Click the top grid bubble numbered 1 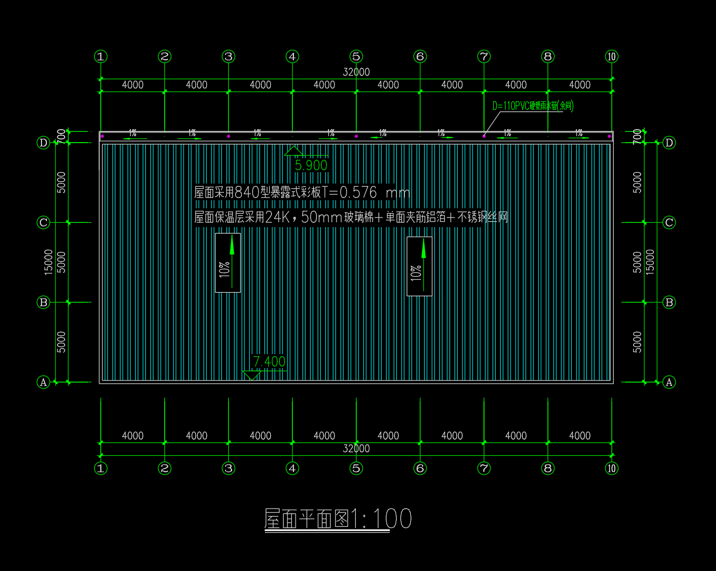(x=101, y=57)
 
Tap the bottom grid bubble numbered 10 (x=612, y=468)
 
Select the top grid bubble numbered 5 (x=356, y=57)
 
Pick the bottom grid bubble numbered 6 (x=420, y=468)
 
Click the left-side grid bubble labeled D (x=44, y=143)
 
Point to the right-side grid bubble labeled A (x=669, y=382)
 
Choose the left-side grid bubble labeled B (x=44, y=302)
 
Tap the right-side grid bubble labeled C (x=669, y=222)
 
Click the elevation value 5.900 (x=311, y=165)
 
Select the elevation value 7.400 (x=269, y=362)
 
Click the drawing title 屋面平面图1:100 (x=338, y=519)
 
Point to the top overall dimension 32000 (x=356, y=72)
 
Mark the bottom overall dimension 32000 (x=356, y=449)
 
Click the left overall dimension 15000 (x=49, y=262)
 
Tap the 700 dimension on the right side (x=638, y=136)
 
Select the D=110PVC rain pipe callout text (x=533, y=106)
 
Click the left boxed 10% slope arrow (x=228, y=263)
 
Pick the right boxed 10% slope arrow (x=419, y=266)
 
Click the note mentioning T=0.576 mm (x=301, y=193)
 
